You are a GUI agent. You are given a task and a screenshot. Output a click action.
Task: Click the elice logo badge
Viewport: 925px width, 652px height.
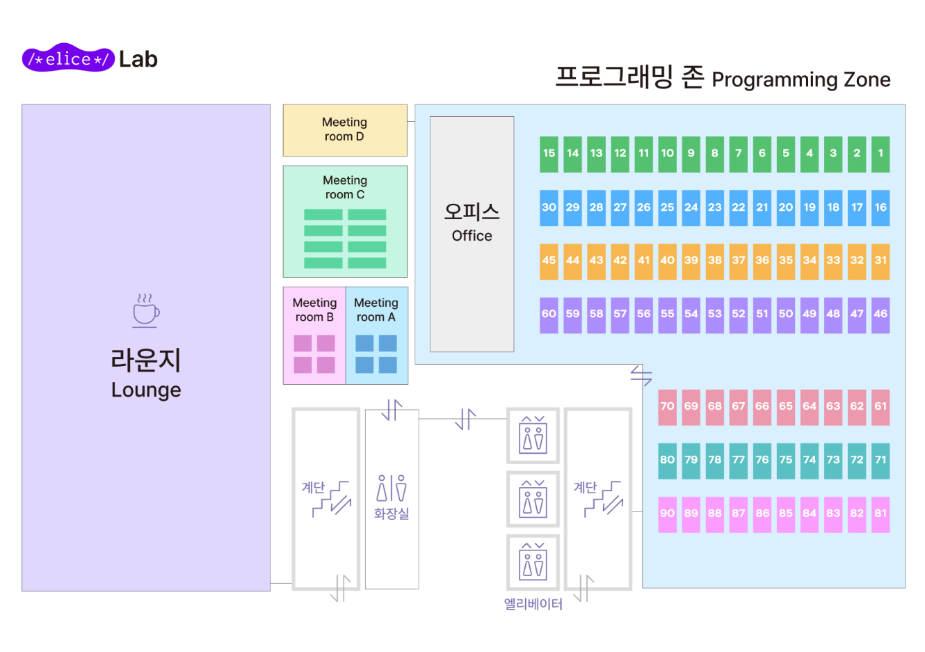tap(68, 59)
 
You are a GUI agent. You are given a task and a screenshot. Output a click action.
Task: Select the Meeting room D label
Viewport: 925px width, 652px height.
tap(344, 129)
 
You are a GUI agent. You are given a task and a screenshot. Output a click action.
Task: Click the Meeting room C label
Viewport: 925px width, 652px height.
tap(345, 187)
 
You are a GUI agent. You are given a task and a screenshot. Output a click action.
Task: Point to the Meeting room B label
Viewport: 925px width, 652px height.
tap(314, 310)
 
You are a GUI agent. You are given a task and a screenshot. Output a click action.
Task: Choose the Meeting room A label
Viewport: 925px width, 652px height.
tap(376, 310)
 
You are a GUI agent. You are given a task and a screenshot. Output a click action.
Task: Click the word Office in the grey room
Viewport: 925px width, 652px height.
tap(472, 236)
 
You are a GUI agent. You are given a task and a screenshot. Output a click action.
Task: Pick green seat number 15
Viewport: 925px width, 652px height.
tap(549, 154)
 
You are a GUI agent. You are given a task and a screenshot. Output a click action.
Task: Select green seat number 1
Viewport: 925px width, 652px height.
tap(880, 154)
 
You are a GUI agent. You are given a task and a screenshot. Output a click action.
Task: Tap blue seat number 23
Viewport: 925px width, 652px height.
tap(715, 207)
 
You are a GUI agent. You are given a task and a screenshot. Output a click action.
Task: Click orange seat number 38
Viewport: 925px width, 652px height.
tap(715, 261)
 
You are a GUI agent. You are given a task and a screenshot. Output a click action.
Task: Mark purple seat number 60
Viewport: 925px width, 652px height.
tap(549, 315)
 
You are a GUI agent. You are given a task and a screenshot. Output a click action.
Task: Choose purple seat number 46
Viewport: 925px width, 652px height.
tap(880, 315)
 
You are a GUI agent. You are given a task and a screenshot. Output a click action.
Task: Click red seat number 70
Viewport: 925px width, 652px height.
tap(668, 407)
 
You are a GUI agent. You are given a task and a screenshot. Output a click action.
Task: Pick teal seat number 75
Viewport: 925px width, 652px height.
tap(786, 461)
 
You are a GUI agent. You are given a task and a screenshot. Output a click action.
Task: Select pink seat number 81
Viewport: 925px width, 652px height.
tap(880, 514)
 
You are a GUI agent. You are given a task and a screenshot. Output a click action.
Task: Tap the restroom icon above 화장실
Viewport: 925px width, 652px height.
tap(392, 488)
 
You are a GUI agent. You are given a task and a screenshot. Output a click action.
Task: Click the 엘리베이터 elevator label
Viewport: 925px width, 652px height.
tap(533, 604)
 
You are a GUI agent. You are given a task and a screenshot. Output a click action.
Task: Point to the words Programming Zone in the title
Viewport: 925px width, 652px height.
tap(801, 80)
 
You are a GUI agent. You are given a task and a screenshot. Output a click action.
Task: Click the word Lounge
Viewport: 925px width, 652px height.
tap(146, 390)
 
